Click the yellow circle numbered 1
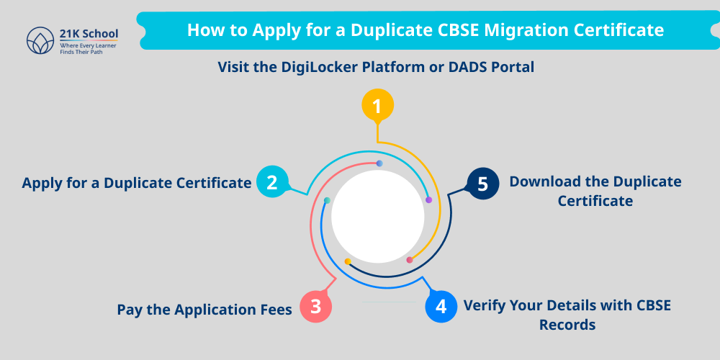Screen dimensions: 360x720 (x=377, y=107)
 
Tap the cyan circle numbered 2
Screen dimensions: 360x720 (x=271, y=183)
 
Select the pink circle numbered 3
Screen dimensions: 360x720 (x=315, y=305)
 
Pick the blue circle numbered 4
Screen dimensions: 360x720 (x=441, y=306)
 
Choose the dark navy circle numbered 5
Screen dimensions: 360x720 (x=482, y=184)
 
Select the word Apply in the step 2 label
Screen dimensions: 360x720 (x=42, y=183)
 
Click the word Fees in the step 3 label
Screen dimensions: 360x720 (x=274, y=310)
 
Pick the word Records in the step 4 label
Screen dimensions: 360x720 (x=567, y=325)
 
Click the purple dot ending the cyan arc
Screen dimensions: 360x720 (x=428, y=200)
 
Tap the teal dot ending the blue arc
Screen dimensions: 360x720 (x=327, y=200)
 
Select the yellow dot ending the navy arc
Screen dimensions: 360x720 (x=348, y=261)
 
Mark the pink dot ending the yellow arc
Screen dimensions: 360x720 (x=410, y=260)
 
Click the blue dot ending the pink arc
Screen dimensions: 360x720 (x=379, y=164)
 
